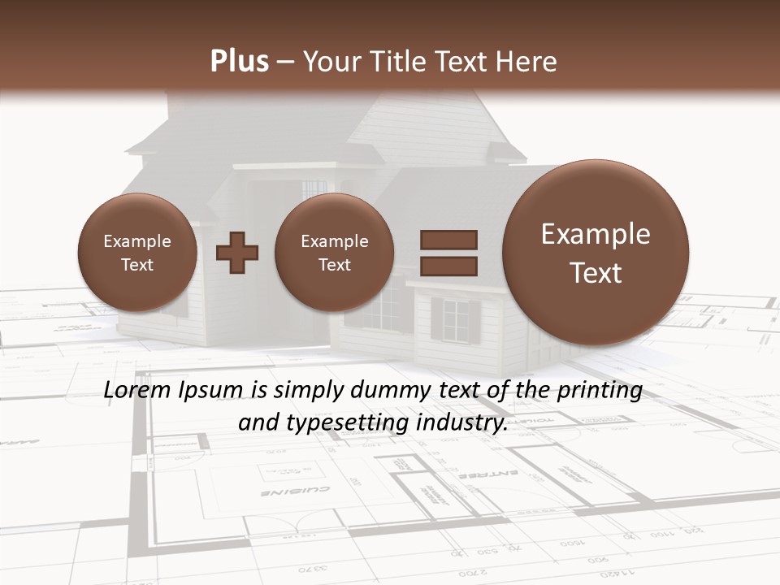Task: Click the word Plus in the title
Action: point(239,62)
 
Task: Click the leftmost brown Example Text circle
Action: point(136,253)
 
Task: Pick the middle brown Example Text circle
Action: point(334,253)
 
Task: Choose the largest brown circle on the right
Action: point(596,253)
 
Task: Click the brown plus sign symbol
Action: point(237,253)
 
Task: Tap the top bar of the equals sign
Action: point(448,240)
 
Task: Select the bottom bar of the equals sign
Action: point(448,266)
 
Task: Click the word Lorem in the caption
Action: point(137,391)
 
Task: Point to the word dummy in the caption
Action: point(391,391)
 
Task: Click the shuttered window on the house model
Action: point(455,320)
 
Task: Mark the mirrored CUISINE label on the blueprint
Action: point(295,491)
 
